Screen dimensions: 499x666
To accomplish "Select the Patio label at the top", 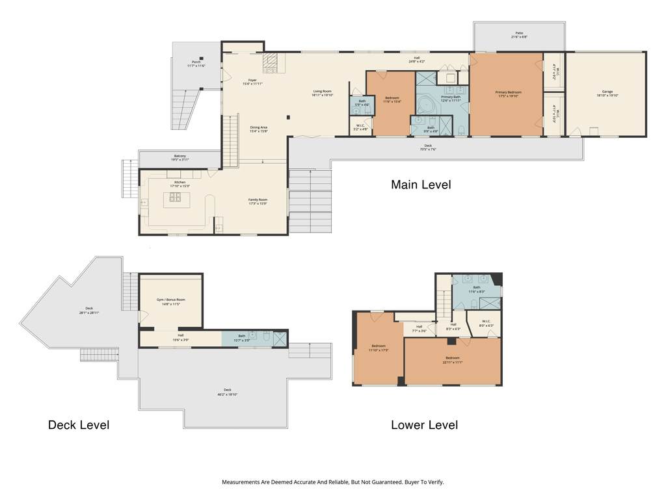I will (x=519, y=35).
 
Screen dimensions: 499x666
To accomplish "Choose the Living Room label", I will (x=323, y=93).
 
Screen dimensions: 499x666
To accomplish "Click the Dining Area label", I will (x=259, y=129).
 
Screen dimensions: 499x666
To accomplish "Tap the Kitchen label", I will (x=180, y=184).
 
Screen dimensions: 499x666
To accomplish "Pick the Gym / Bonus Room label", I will (x=171, y=301).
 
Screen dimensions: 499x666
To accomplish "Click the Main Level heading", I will (x=420, y=185).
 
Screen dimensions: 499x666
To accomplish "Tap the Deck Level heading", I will (x=79, y=426).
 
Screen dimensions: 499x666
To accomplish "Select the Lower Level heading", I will (x=424, y=426).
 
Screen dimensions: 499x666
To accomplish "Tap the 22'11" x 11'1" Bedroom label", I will (x=453, y=359).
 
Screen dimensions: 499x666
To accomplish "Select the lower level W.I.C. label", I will (x=486, y=324).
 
